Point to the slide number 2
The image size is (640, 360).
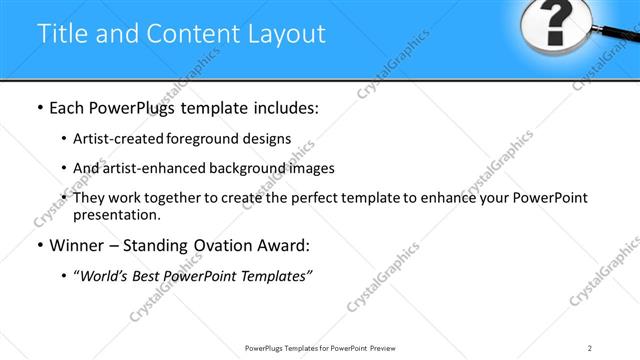(590, 348)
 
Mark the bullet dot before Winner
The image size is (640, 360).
(38, 246)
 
